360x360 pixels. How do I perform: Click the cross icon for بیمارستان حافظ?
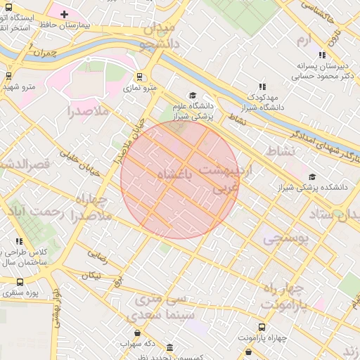[65, 14]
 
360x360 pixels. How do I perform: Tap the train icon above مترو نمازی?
[139, 77]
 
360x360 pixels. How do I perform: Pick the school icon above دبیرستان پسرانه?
[322, 55]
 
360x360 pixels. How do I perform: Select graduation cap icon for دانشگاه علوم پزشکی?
[193, 96]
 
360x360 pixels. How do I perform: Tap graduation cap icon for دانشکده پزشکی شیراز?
[311, 176]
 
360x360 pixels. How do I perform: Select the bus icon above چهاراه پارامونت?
[262, 327]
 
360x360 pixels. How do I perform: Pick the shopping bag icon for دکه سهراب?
[137, 333]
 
